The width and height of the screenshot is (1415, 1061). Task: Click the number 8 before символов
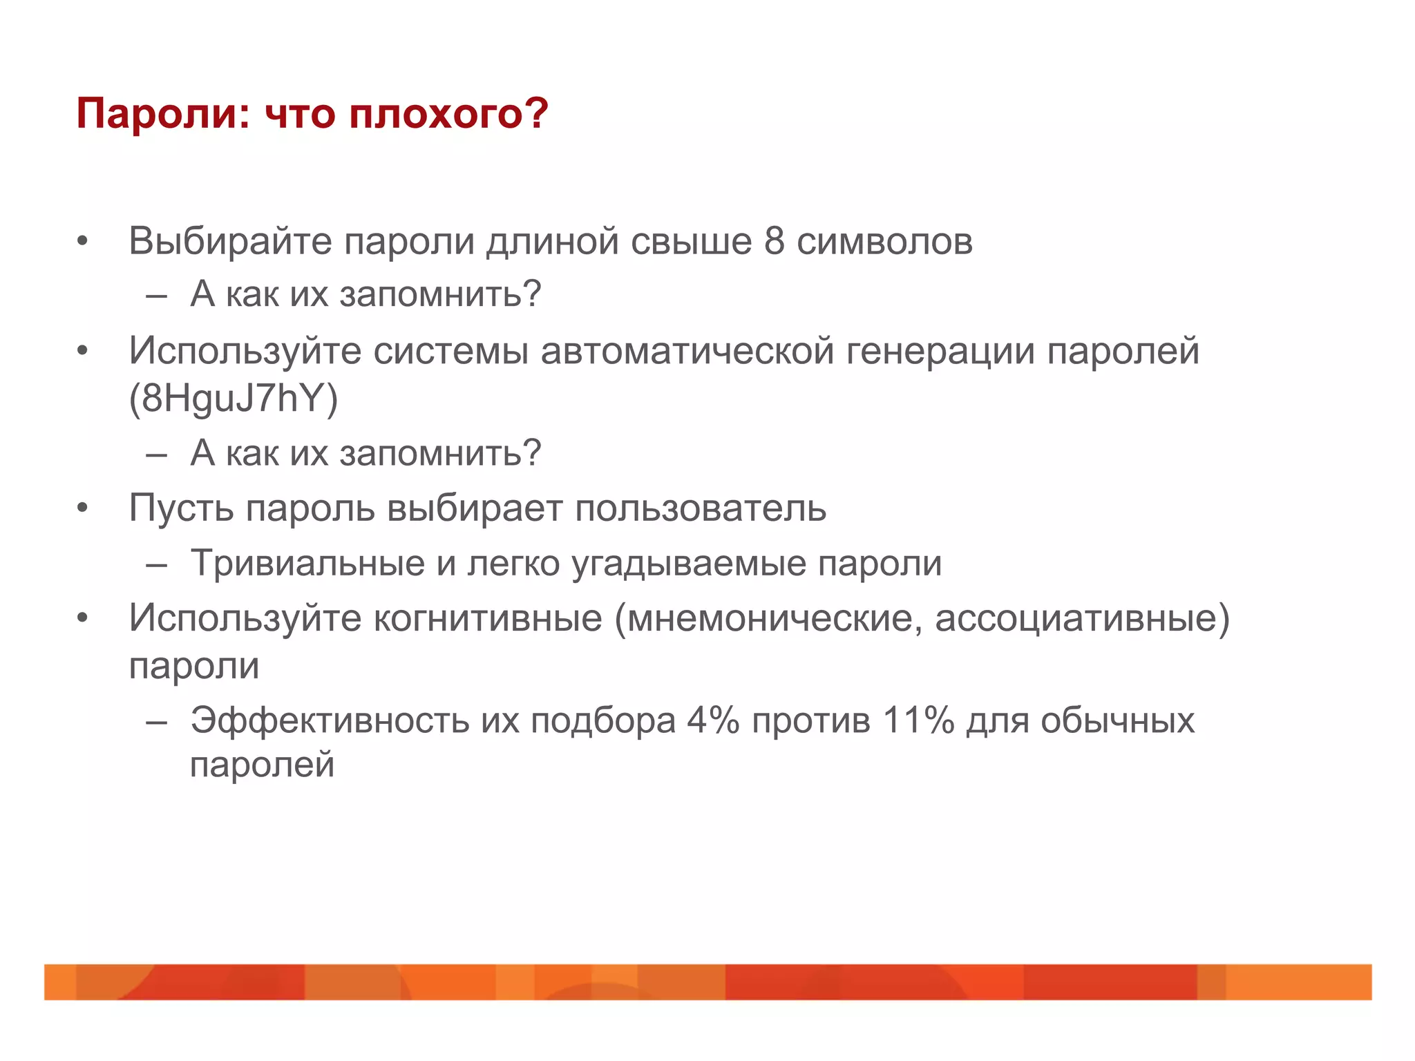pos(775,242)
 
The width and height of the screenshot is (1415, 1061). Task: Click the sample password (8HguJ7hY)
pos(234,399)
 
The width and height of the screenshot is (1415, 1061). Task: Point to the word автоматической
pos(687,351)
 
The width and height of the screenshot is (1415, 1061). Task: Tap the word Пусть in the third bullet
pos(181,508)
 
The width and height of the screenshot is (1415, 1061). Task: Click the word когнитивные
pos(488,618)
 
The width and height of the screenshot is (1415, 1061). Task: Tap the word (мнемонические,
pos(768,618)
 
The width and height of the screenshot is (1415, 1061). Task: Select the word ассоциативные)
pos(1082,618)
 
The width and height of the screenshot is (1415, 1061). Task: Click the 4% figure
pos(712,720)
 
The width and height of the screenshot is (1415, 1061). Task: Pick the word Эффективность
pos(330,720)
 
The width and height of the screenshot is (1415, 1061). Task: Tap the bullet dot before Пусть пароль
pos(83,508)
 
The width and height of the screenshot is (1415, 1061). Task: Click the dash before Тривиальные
pos(157,565)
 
